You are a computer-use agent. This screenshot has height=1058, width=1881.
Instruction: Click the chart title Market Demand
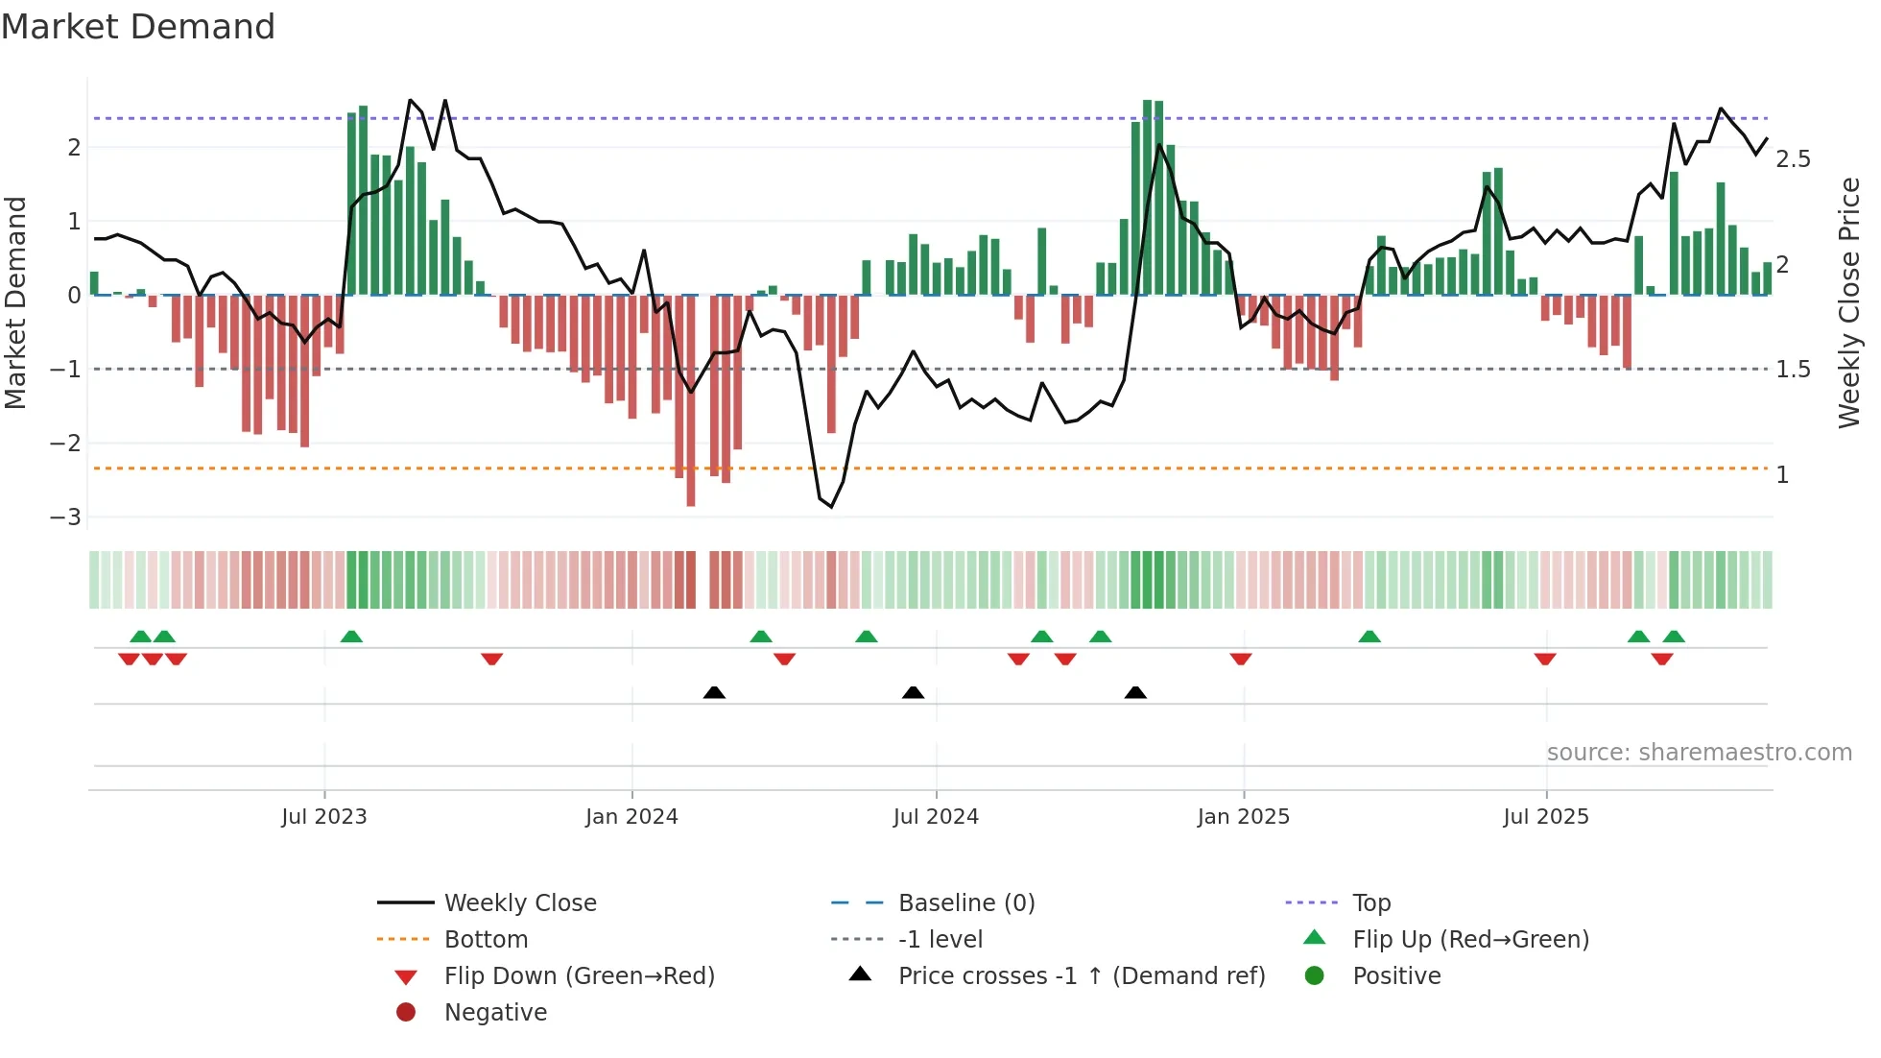tap(138, 27)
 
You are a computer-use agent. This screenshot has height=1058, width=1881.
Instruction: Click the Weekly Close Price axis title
tap(1848, 302)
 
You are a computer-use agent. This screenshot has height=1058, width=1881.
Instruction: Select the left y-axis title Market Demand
tap(15, 302)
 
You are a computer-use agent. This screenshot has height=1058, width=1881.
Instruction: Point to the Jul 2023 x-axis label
tap(324, 817)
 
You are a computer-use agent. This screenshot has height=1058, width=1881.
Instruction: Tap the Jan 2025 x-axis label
tap(1244, 817)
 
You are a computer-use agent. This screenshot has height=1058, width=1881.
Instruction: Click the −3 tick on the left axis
tap(66, 517)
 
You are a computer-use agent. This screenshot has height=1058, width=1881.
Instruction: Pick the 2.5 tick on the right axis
tap(1793, 159)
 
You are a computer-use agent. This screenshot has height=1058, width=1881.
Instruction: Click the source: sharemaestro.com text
tap(1699, 753)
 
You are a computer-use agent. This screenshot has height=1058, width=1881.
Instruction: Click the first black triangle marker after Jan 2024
tap(714, 692)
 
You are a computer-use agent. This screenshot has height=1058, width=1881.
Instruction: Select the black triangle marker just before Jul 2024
tap(914, 692)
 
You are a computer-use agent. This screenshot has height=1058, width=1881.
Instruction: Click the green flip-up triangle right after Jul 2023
tap(351, 637)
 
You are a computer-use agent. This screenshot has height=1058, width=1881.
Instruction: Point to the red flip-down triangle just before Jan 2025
tap(1241, 659)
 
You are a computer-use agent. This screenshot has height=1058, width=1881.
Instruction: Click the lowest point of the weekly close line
tap(832, 507)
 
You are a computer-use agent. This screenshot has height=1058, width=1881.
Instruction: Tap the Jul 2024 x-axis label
tap(936, 817)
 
